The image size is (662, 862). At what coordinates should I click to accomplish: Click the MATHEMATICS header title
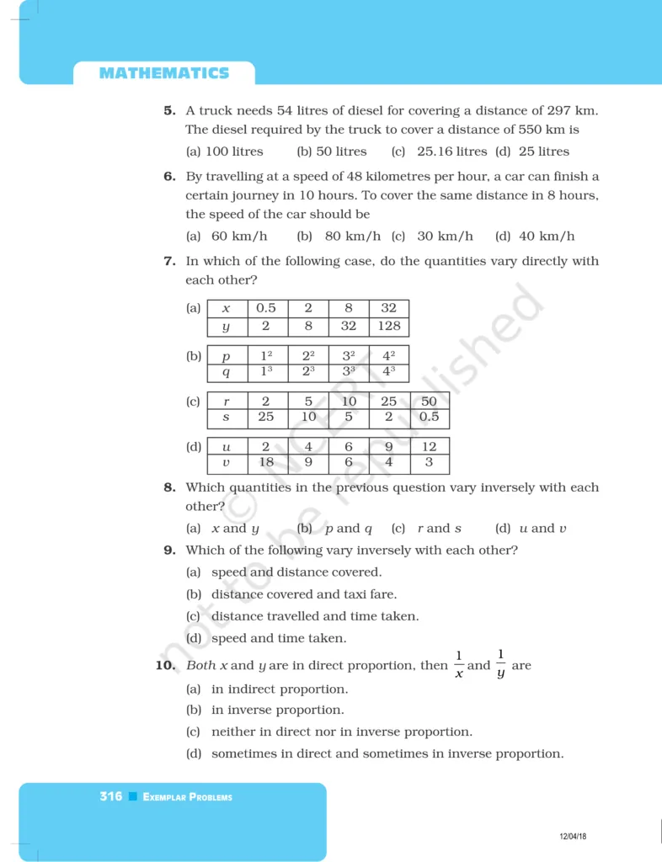click(163, 73)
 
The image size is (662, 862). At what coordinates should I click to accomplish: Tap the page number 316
click(110, 796)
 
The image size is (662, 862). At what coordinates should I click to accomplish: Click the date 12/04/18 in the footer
click(573, 836)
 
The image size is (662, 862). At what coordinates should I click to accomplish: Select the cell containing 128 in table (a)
click(389, 326)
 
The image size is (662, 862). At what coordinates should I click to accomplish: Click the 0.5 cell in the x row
click(266, 308)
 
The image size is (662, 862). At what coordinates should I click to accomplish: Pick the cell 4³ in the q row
click(389, 371)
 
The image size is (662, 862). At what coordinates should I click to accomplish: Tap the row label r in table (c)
click(226, 402)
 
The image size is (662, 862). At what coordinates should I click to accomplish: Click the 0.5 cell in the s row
click(429, 418)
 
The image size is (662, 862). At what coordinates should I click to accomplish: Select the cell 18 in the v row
click(266, 463)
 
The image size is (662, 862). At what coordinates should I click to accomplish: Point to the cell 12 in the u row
click(429, 447)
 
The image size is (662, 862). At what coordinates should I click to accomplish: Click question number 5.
click(169, 110)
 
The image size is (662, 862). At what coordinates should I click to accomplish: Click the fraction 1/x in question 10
click(459, 665)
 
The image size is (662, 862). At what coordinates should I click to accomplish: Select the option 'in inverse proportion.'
click(277, 710)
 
